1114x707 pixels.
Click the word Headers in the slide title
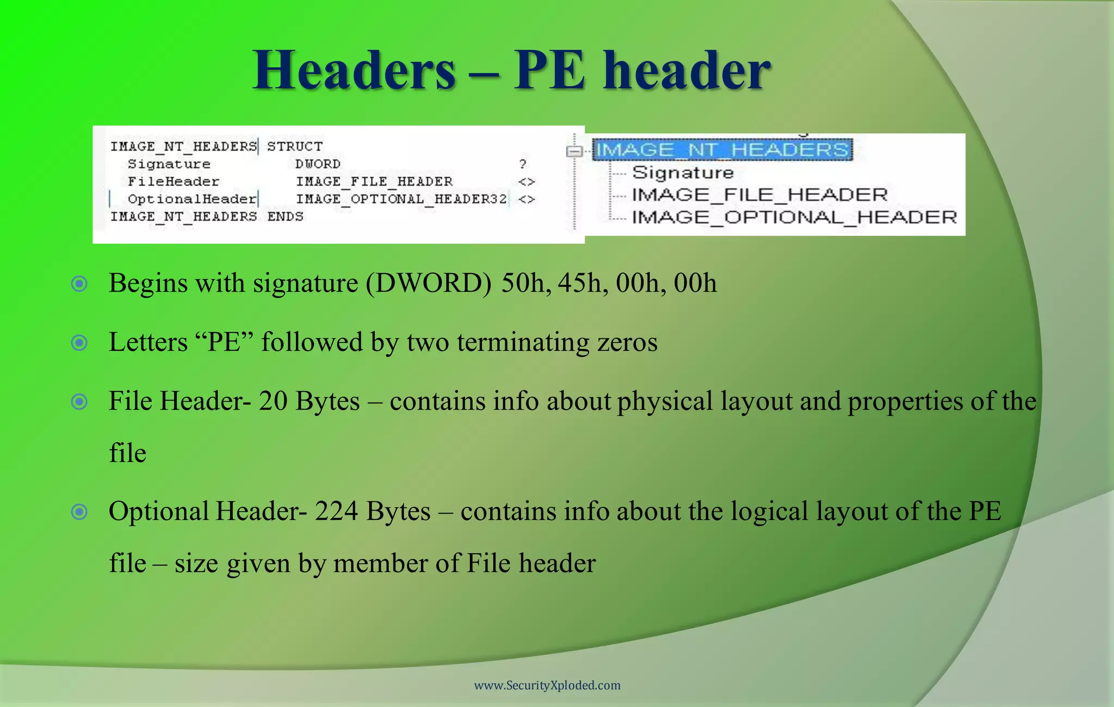coord(354,71)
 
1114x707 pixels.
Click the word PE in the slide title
coord(549,71)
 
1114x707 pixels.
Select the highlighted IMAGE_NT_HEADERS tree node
coord(722,150)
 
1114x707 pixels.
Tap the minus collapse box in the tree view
coord(574,151)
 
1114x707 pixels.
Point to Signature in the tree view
coord(683,173)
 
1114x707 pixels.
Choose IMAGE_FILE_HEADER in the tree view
coord(759,195)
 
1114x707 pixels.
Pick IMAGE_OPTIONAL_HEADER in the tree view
coord(794,218)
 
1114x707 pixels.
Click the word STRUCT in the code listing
coord(295,146)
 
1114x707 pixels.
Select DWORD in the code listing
coord(318,164)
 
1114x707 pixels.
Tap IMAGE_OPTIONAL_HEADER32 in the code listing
coord(401,199)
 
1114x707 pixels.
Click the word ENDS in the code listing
coord(285,216)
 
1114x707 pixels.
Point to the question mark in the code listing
coord(523,164)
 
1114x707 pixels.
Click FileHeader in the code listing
coord(174,181)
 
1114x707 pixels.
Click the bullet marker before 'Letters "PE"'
coord(79,343)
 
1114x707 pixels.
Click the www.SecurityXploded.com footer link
coord(547,685)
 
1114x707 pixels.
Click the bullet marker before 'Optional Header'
coord(79,511)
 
